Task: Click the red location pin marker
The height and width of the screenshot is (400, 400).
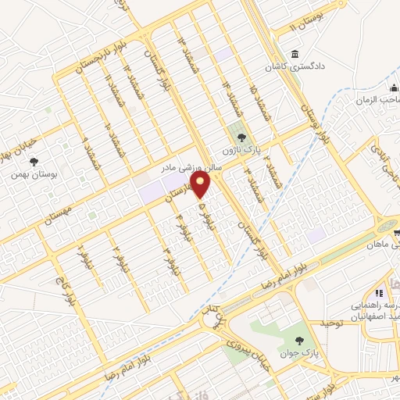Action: pos(202,184)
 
